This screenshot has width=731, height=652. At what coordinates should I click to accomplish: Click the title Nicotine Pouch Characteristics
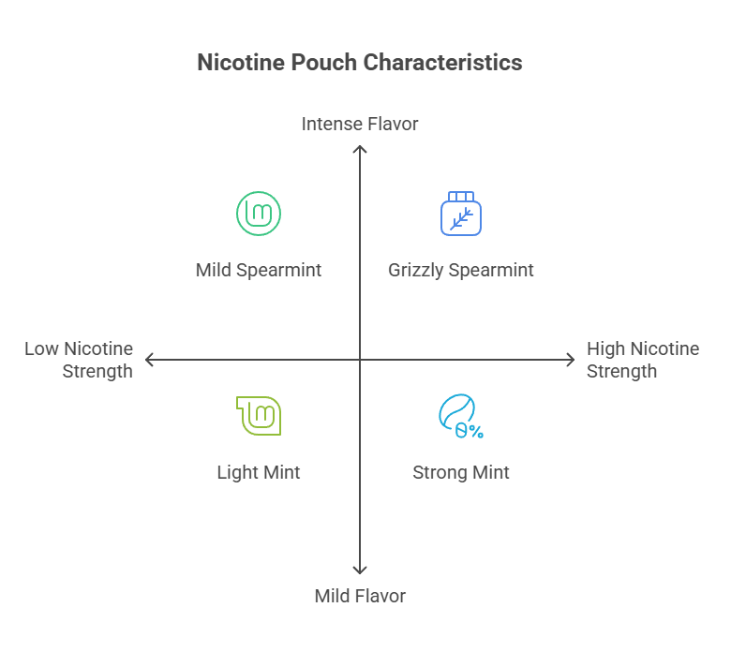click(x=360, y=63)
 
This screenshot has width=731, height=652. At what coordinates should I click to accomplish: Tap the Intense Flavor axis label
click(x=360, y=124)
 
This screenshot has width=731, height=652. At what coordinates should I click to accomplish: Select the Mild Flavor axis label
click(x=360, y=596)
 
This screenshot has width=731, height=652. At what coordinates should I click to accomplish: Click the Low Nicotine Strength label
click(x=80, y=360)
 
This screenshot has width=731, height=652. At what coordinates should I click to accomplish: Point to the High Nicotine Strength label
click(x=642, y=360)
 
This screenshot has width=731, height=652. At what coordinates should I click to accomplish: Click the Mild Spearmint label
click(x=259, y=270)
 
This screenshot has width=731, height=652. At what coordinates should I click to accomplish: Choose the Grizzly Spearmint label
click(x=461, y=270)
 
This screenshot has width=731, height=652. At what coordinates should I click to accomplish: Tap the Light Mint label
click(x=259, y=472)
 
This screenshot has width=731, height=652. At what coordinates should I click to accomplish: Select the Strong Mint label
click(x=461, y=472)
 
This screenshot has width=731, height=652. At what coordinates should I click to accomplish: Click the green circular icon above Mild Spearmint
click(x=259, y=214)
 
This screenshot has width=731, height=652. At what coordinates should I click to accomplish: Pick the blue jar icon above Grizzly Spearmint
click(x=461, y=214)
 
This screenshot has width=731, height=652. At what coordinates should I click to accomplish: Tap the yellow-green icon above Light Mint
click(x=260, y=416)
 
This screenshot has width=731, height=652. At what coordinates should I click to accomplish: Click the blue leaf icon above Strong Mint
click(x=459, y=417)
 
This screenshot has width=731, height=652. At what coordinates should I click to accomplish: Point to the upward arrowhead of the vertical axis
click(x=360, y=148)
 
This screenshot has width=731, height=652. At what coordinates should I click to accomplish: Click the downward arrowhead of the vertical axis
click(x=360, y=570)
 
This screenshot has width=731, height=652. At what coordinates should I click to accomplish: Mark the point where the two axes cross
click(x=360, y=360)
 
